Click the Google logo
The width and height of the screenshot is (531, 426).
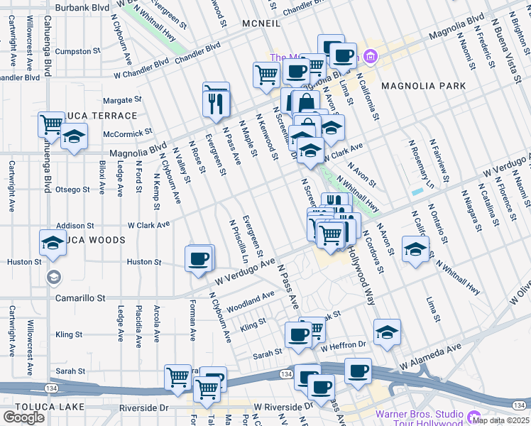point(23,417)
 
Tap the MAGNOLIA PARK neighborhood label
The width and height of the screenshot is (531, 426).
point(423,86)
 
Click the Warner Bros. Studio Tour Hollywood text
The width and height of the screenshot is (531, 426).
point(417,419)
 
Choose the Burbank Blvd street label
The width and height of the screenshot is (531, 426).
point(82,8)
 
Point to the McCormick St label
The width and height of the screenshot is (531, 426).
point(128,131)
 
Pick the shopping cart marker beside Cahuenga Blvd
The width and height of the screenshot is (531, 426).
point(52,124)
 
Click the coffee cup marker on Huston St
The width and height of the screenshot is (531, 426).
point(199,258)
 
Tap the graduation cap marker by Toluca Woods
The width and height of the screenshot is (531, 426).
point(53,244)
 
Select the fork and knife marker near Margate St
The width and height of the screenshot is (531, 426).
point(216,103)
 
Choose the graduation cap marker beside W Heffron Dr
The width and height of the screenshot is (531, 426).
point(387,332)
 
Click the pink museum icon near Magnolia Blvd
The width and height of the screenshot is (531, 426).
point(369,56)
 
